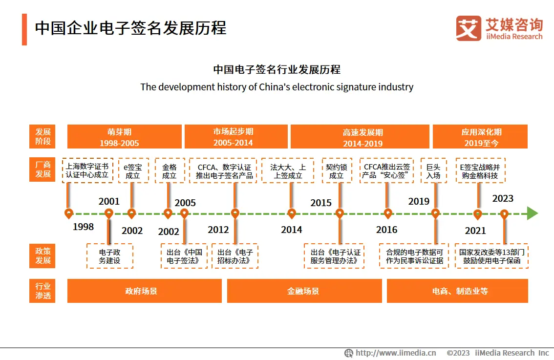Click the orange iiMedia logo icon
tap(468, 28)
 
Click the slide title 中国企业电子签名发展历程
tap(130, 28)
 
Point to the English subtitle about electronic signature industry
tap(277, 87)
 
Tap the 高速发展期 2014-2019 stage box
tap(360, 137)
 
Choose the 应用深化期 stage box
tap(480, 137)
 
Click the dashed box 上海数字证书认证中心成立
tap(87, 170)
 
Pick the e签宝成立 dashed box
tap(133, 170)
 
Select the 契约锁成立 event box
tap(336, 170)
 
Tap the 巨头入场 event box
tap(433, 170)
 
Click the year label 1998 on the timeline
tap(83, 227)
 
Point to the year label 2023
tap(503, 198)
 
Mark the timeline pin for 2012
tap(235, 213)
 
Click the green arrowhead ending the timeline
tap(532, 213)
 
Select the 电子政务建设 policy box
tap(109, 256)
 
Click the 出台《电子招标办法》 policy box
tap(235, 256)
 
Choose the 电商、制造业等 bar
tap(457, 291)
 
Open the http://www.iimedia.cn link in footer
tap(395, 353)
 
